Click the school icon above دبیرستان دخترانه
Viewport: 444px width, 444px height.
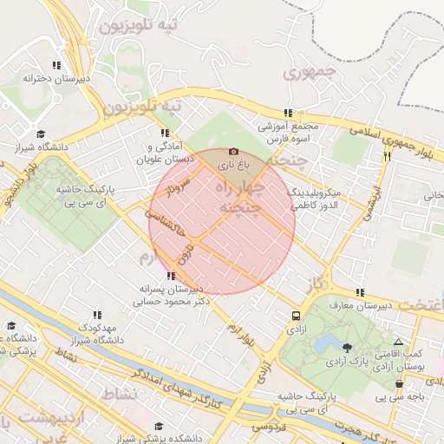coord(56,65)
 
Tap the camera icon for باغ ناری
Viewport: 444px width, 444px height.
coord(232,152)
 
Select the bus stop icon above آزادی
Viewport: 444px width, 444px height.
coord(297,317)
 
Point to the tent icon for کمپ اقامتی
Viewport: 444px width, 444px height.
coord(398,343)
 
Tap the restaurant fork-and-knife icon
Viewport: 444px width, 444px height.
coord(387,156)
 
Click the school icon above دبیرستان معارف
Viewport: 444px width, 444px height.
coord(359,292)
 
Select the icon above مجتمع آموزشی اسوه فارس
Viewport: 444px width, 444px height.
coord(288,113)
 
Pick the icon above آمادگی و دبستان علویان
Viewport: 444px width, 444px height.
coord(165,134)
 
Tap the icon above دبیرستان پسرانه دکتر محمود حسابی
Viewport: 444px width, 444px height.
coord(169,276)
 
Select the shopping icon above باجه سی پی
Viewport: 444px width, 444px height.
coord(399,382)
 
